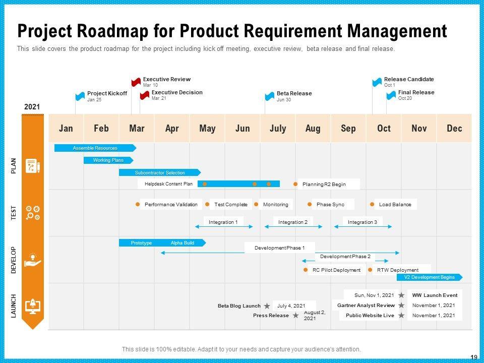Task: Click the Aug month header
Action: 313,129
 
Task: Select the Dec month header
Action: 454,129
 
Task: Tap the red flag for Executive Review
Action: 136,82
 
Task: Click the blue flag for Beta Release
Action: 270,96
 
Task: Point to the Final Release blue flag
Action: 391,95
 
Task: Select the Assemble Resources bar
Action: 95,148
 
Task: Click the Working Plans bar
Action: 108,160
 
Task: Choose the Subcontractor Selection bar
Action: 159,172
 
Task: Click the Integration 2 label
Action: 293,222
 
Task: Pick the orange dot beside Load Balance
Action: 373,205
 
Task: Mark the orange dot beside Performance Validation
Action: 138,205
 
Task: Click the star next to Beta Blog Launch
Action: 267,306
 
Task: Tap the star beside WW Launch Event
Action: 401,295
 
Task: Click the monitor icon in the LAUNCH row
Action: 33,306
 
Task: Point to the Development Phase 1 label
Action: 279,248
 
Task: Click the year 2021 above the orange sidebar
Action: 32,107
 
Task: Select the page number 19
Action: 473,357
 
